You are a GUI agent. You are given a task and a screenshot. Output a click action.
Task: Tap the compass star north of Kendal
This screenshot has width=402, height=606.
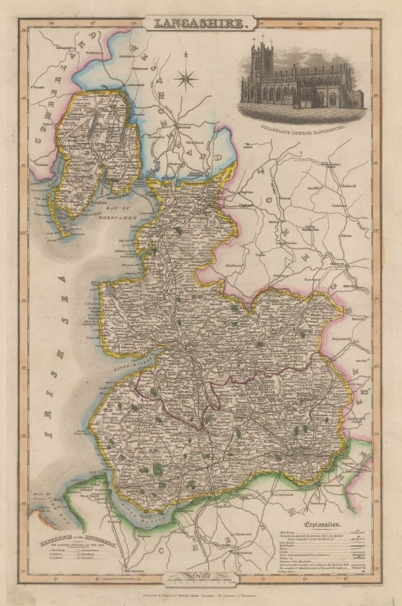click(187, 78)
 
